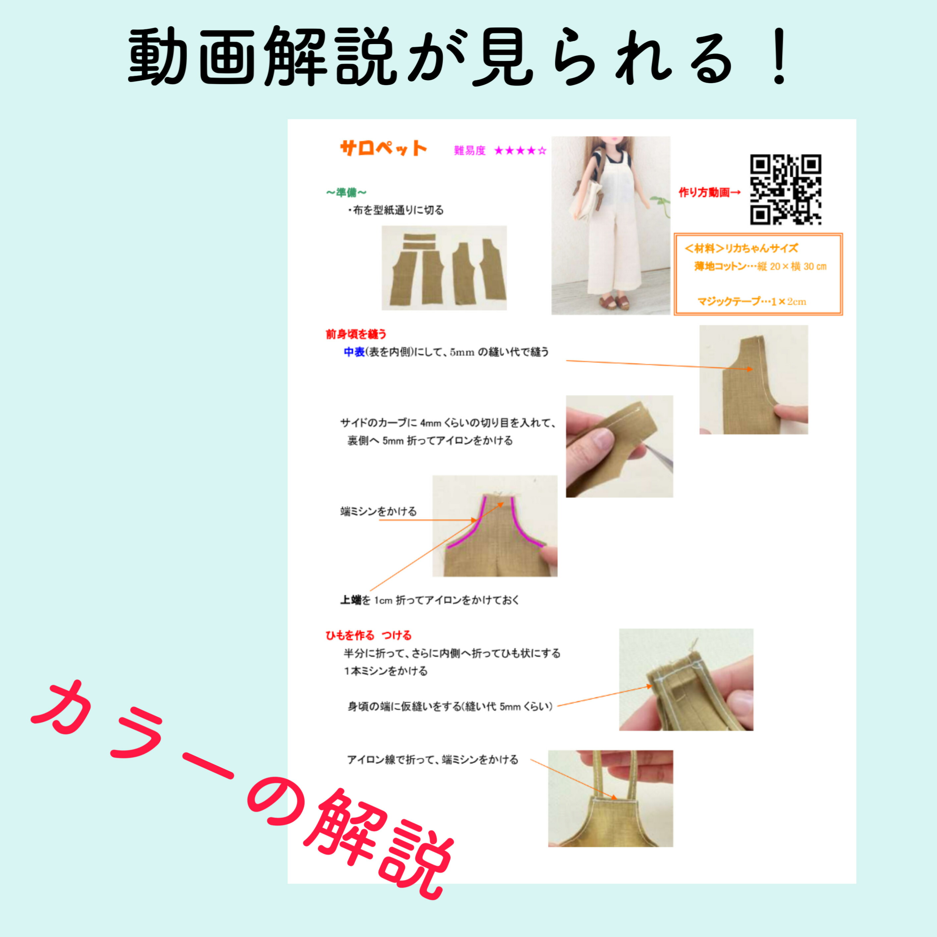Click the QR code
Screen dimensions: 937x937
point(785,189)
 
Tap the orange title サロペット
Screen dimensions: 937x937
point(383,148)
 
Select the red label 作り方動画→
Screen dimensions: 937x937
point(709,193)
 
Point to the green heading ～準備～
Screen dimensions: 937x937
point(346,193)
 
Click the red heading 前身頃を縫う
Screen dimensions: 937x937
point(356,334)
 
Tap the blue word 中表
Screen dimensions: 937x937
point(354,352)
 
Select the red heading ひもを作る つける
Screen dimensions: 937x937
point(368,635)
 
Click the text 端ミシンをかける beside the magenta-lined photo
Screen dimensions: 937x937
point(378,512)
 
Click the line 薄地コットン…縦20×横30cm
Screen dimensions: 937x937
point(760,266)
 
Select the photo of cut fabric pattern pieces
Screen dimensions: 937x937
point(444,268)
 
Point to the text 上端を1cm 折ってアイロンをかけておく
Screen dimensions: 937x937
point(430,600)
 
